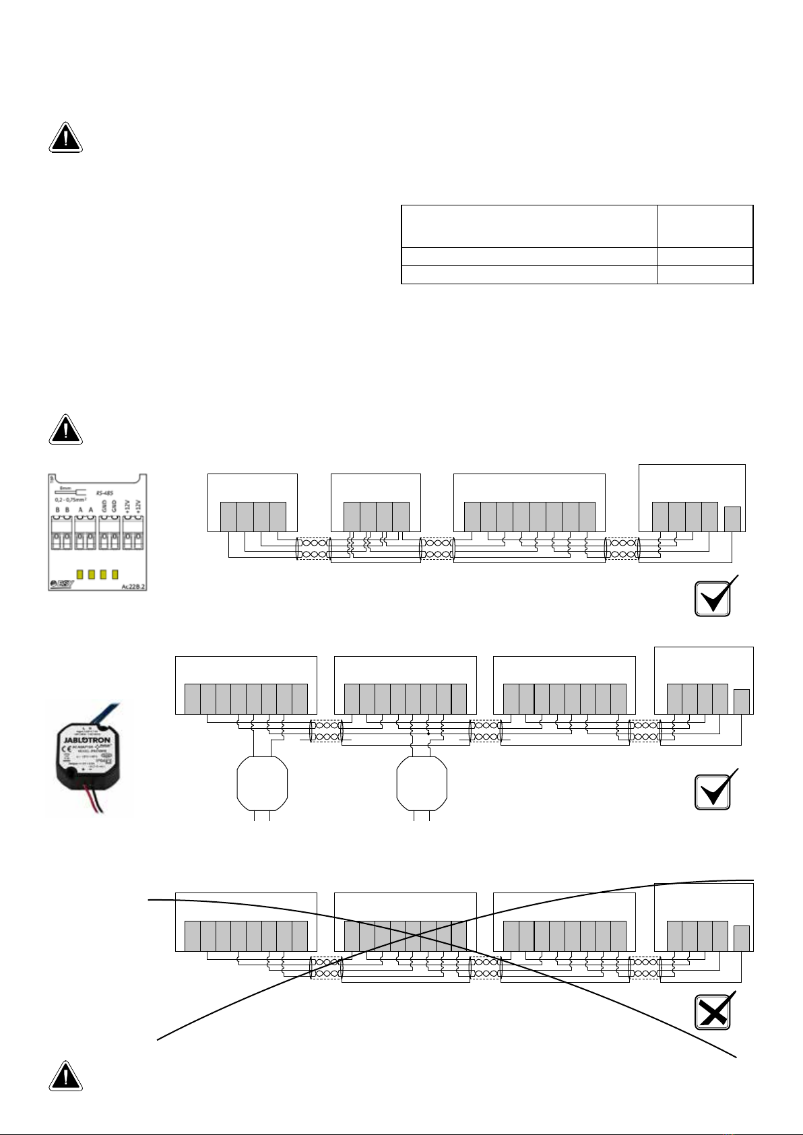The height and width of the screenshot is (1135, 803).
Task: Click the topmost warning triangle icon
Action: (65, 138)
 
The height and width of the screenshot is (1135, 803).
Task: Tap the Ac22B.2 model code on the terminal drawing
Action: (133, 586)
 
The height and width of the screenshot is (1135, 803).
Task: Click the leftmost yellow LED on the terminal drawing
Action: (79, 575)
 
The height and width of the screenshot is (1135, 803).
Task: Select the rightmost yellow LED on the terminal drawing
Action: (115, 575)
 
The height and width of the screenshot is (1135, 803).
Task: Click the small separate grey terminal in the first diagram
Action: (732, 519)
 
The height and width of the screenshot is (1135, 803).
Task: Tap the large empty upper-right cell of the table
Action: (705, 226)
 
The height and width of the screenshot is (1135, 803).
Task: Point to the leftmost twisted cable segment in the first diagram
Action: (313, 548)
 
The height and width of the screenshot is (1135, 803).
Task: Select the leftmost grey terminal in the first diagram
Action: (229, 517)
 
